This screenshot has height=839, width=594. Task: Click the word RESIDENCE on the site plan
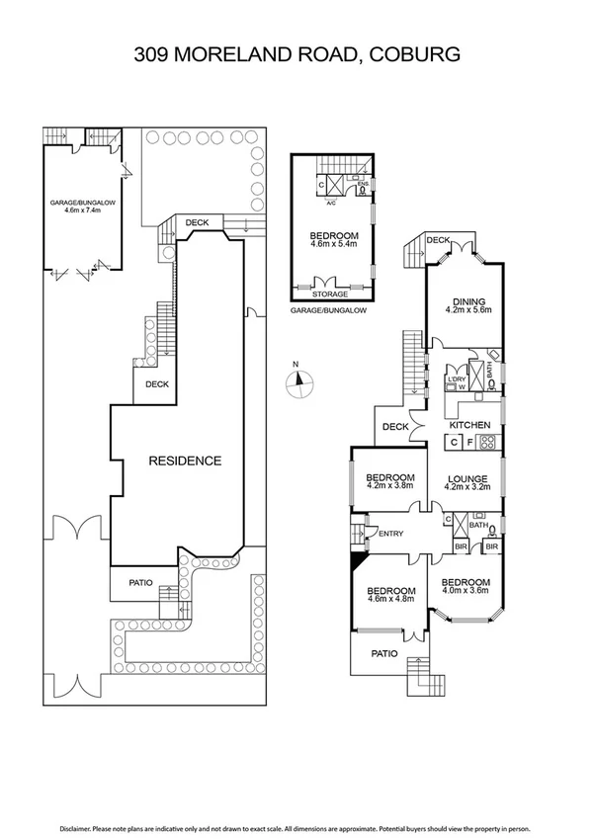[185, 461]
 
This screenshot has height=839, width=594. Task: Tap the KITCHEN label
[470, 425]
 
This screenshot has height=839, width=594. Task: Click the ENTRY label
[391, 535]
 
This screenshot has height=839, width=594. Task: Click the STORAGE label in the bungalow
[330, 294]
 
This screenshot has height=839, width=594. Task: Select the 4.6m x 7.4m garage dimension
[84, 210]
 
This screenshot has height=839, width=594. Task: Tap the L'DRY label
[456, 379]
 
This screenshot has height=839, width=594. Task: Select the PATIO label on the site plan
[140, 582]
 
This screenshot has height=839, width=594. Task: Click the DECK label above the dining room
[438, 240]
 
